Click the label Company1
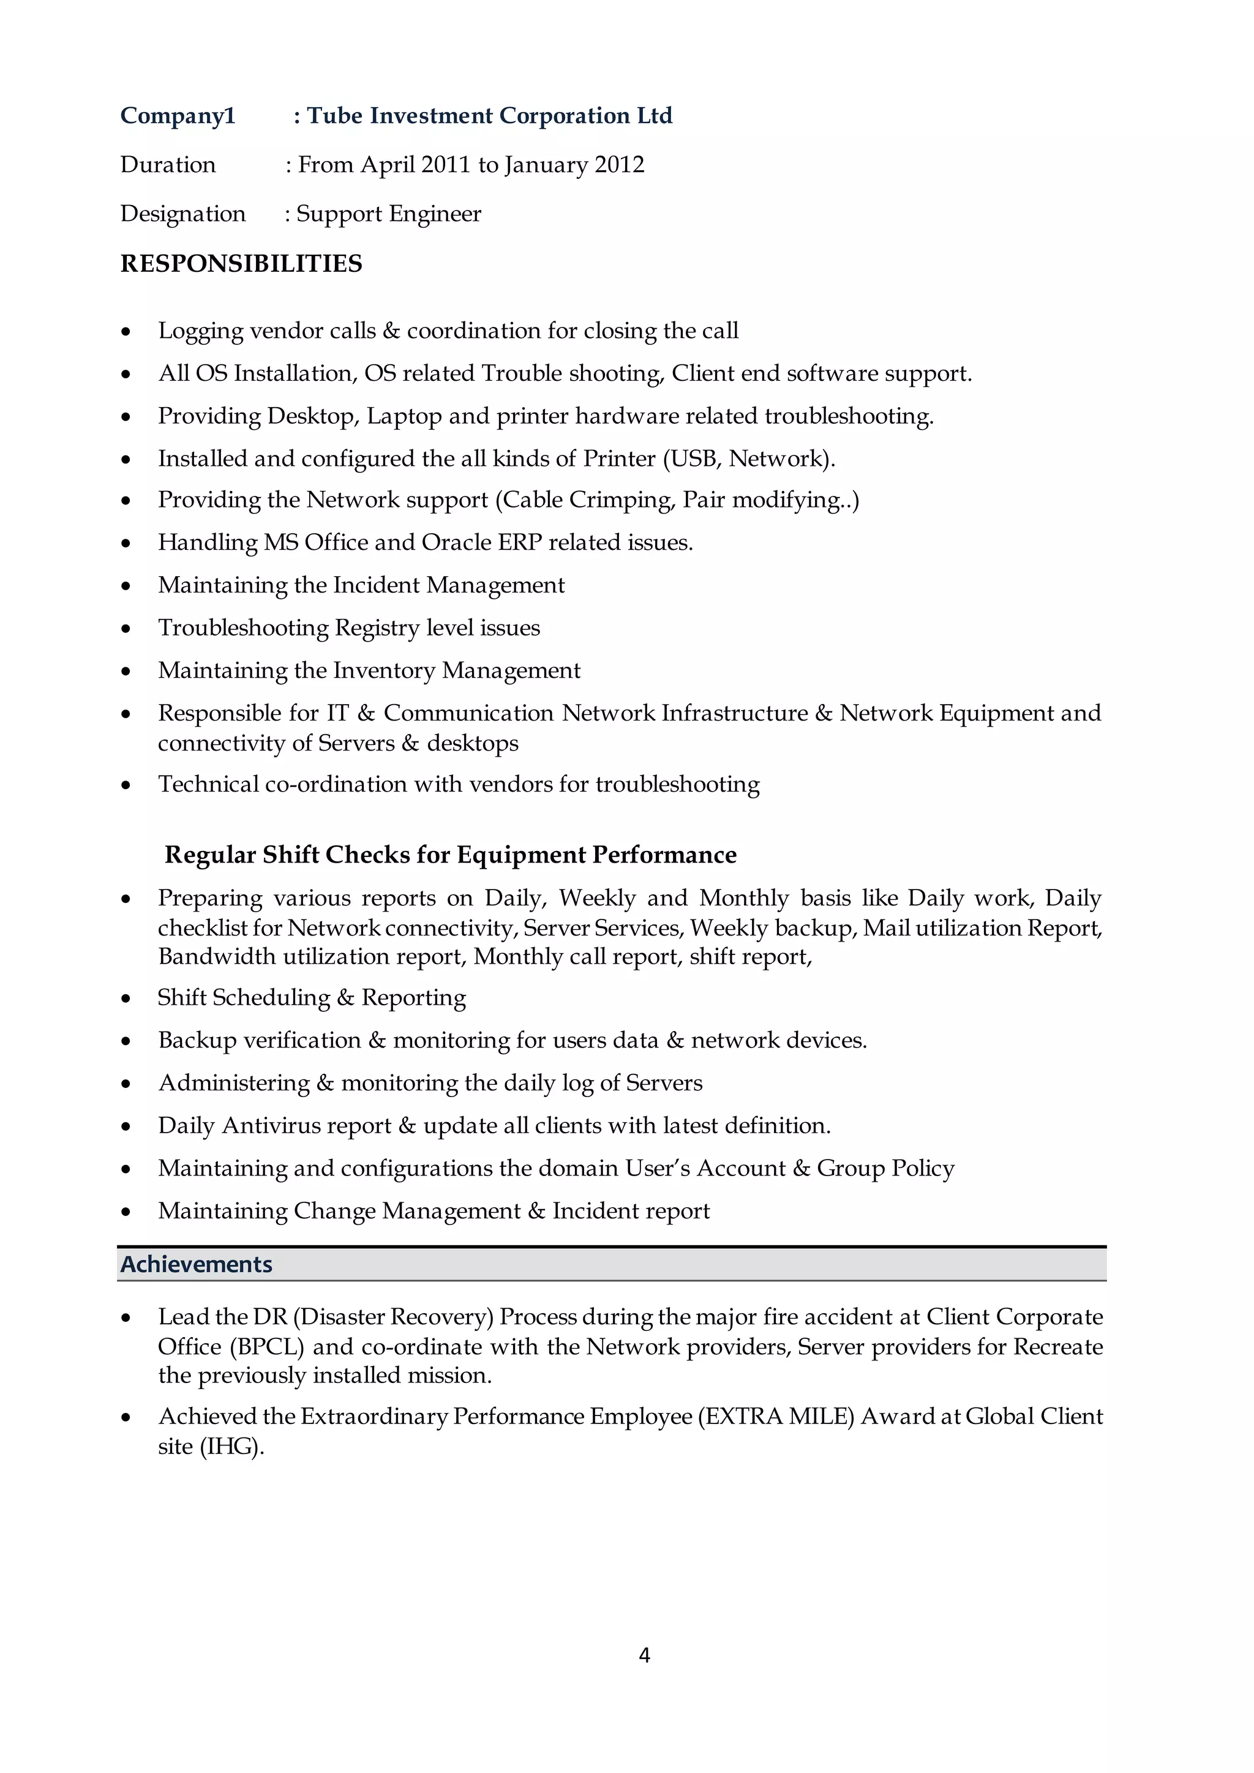(178, 116)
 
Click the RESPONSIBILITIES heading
(241, 264)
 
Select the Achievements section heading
(196, 1264)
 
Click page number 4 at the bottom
(645, 1655)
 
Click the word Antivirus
(268, 1126)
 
